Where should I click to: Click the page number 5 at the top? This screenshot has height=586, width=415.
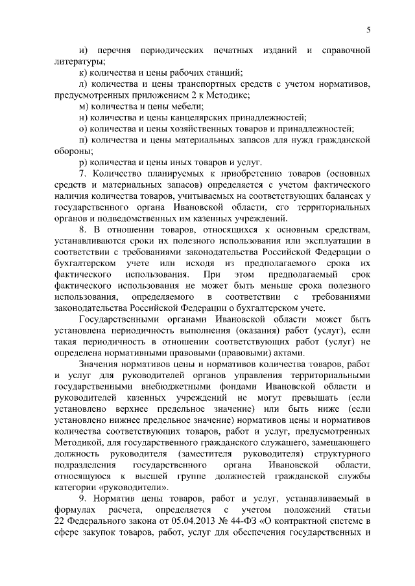[368, 30]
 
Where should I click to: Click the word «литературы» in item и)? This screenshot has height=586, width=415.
[76, 62]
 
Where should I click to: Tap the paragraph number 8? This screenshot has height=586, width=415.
[81, 230]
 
